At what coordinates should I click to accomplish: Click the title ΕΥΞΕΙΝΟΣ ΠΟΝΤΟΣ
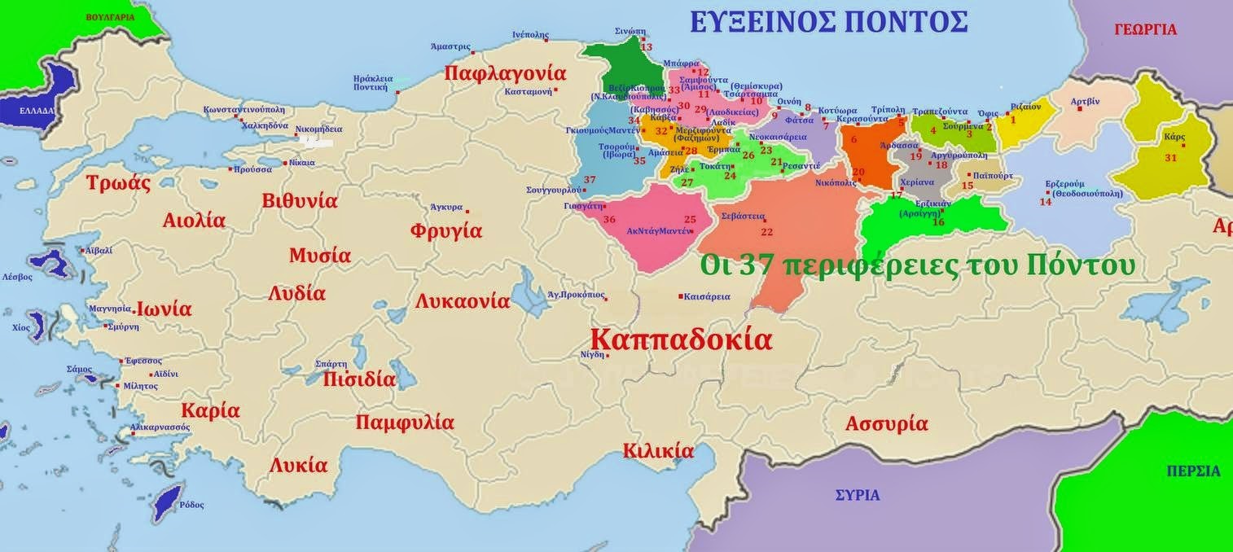coord(828,20)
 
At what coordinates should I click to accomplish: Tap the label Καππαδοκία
coord(681,339)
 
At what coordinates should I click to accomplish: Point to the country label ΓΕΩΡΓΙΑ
coord(1145,29)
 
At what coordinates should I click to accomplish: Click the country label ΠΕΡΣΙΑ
coord(1193,471)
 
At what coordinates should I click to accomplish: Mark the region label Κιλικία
coord(658,451)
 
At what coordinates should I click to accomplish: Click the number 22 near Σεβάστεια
coord(766,232)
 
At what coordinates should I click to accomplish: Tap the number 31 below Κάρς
coord(1170,158)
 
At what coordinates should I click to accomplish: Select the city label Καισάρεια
coord(707,297)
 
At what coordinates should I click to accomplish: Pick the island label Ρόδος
coord(191,505)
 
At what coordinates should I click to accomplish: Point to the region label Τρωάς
coord(119,183)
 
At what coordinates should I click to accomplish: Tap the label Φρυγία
coord(446,230)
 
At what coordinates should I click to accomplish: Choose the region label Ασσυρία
coord(886,424)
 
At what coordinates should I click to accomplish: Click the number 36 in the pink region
coord(609,220)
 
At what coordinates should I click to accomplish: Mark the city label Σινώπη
coord(630,30)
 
